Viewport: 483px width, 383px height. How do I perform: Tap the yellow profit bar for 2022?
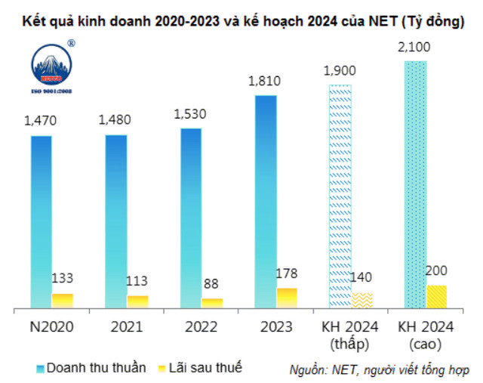[x=213, y=303]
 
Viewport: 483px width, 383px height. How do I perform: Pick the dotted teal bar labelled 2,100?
[x=415, y=185]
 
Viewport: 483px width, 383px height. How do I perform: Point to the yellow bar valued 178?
[x=287, y=298]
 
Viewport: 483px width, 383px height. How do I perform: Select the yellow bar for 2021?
[x=137, y=301]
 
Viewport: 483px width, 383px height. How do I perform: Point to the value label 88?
[x=213, y=285]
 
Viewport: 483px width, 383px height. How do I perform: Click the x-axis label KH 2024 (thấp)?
[x=352, y=335]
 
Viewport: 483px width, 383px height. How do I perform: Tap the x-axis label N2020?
[x=51, y=327]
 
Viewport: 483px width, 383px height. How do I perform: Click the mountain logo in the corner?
[x=52, y=66]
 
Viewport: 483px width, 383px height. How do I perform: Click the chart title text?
[x=241, y=21]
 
